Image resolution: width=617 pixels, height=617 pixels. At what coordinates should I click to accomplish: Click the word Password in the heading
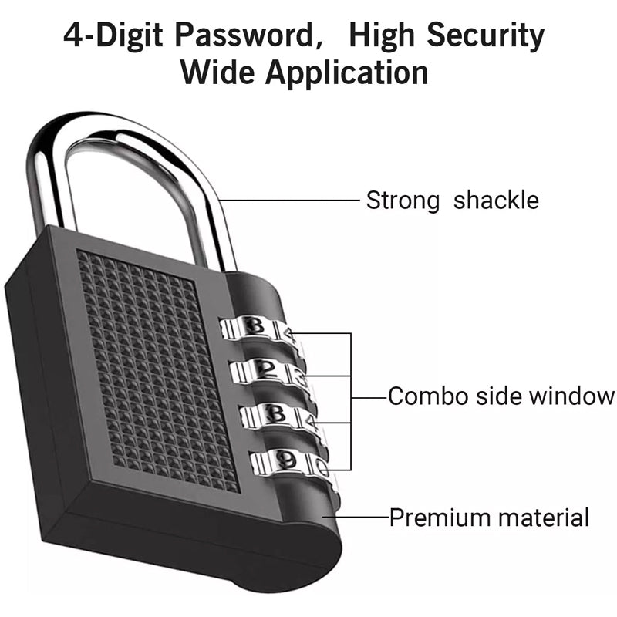tap(252, 36)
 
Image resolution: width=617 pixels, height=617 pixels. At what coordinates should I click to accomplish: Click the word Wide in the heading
tap(216, 73)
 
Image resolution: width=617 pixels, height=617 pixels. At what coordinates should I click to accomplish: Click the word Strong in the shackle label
tap(402, 201)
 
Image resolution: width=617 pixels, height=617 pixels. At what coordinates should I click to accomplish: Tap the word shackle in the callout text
tap(496, 201)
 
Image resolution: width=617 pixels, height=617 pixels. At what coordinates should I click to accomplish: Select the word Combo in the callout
tap(424, 396)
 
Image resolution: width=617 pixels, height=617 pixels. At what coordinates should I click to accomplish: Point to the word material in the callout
tap(543, 517)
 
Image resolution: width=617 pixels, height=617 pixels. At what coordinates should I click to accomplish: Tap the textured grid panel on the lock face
tap(154, 362)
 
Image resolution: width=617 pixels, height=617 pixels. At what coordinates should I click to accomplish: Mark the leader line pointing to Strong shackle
tap(293, 201)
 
